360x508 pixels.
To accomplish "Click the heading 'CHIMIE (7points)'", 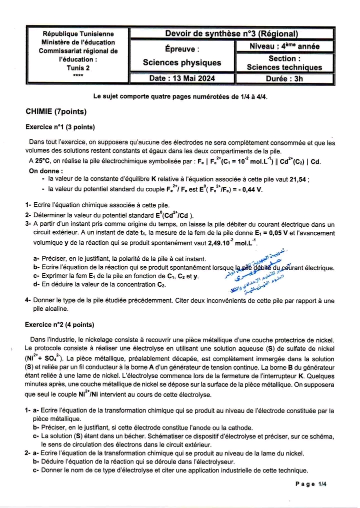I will [56, 111].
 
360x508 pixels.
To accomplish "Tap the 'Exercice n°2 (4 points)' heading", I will [59, 325].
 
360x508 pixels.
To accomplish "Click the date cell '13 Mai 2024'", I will [181, 78].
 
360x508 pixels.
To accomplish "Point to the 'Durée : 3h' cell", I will [284, 78].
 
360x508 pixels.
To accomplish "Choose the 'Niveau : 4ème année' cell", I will [284, 46].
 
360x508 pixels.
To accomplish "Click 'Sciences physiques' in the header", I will [181, 62].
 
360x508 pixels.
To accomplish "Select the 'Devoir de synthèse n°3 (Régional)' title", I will [231, 34].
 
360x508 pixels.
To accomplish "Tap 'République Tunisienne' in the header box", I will [78, 34].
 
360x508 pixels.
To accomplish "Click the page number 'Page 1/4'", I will [310, 484].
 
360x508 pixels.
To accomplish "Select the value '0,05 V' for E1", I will [275, 232].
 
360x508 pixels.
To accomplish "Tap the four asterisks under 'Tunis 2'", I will [78, 75].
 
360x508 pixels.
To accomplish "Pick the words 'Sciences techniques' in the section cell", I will [284, 67].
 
